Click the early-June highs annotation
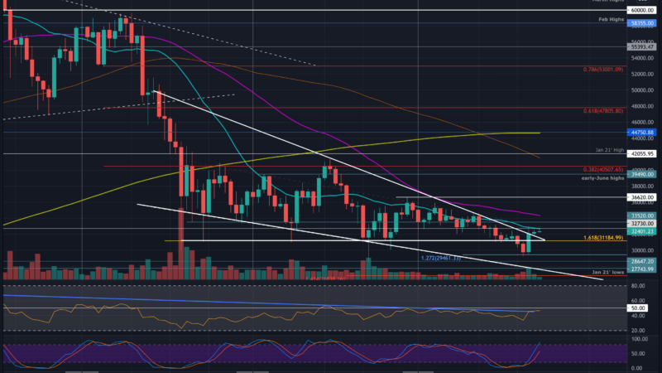(x=601, y=176)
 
